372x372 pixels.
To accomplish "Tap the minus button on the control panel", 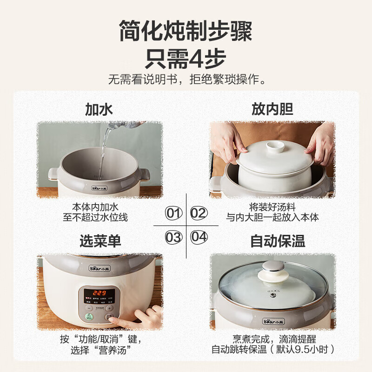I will pyautogui.click(x=87, y=307).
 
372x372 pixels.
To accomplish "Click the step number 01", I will pyautogui.click(x=173, y=213).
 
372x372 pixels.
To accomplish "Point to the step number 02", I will pyautogui.click(x=199, y=213).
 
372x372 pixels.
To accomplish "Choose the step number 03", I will pyautogui.click(x=173, y=237).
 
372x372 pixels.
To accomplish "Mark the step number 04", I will pyautogui.click(x=199, y=237).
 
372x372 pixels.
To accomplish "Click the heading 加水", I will pyautogui.click(x=99, y=109).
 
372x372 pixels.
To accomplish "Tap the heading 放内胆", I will pyautogui.click(x=272, y=109).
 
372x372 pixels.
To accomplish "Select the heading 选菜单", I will pyautogui.click(x=100, y=241).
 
